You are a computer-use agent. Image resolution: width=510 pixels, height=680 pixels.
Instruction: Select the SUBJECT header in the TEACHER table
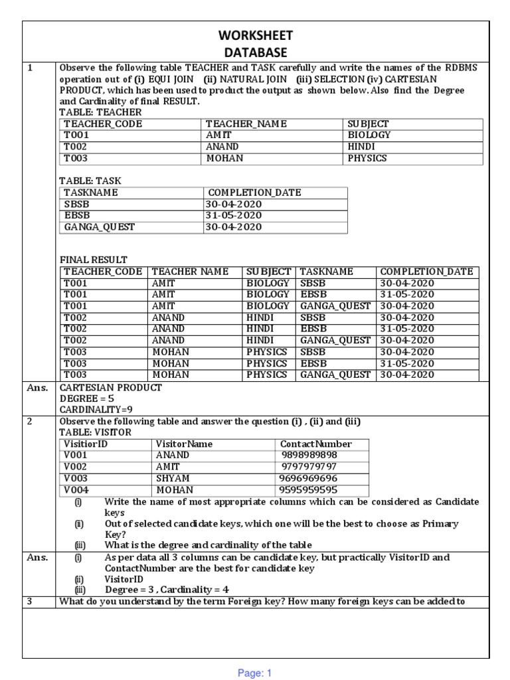(368, 124)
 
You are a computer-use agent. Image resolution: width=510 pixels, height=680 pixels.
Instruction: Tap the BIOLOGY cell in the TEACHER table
(369, 135)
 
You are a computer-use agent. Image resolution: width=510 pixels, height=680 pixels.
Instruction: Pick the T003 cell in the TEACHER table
(76, 159)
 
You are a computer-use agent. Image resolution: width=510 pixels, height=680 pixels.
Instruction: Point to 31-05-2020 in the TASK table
(234, 215)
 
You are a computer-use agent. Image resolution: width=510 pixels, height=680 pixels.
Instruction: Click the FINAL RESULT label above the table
(93, 260)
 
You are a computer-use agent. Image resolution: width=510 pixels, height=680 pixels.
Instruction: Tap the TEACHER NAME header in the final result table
(190, 272)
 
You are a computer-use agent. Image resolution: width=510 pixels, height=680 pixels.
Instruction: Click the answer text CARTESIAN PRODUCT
(111, 388)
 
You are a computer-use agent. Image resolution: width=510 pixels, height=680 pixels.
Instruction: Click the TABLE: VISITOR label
(96, 432)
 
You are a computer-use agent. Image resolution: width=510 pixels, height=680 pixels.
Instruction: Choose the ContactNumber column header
(316, 444)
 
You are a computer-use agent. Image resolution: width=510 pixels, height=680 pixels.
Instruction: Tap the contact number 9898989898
(309, 456)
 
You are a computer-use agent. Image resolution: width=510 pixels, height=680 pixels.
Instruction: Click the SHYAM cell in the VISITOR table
(173, 479)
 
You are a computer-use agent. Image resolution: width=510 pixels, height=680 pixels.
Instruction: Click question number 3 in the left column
(30, 602)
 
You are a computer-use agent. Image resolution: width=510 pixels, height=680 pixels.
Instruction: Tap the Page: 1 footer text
(255, 673)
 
